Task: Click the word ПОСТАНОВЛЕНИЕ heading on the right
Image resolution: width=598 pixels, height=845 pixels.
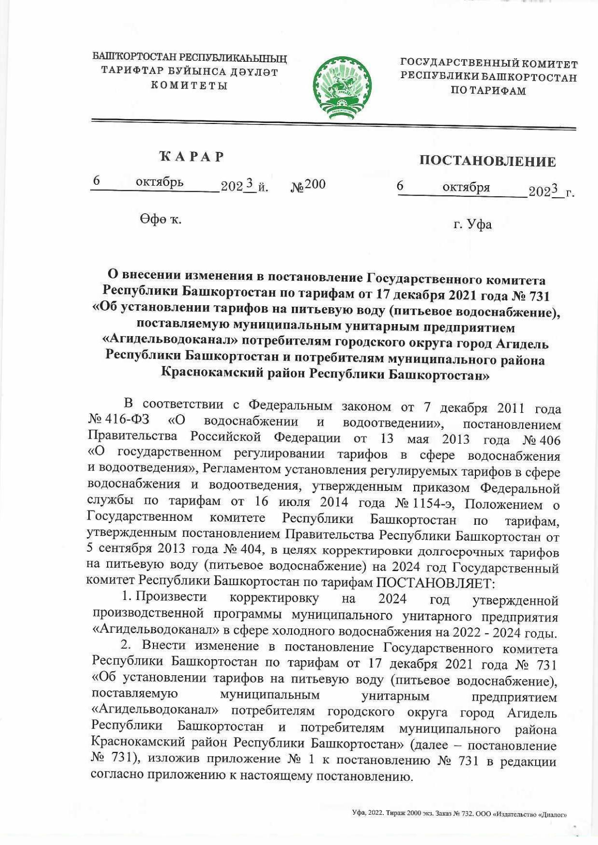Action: (487, 161)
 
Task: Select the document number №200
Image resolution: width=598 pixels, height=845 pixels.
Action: (308, 185)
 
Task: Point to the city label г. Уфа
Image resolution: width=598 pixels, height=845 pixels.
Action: (472, 225)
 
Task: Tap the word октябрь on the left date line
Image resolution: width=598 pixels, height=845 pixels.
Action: (159, 183)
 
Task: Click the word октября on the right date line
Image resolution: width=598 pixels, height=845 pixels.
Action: (466, 188)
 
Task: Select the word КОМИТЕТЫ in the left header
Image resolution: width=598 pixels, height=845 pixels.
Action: (189, 86)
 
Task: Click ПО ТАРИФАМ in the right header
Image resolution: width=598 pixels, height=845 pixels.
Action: (488, 91)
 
